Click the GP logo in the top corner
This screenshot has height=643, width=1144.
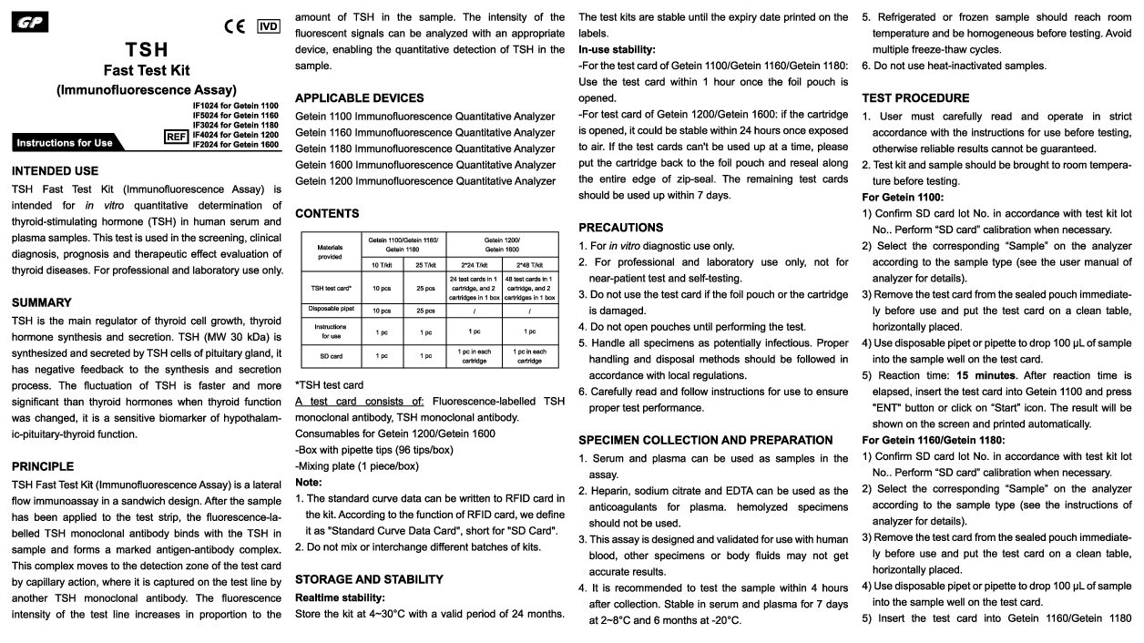pos(31,23)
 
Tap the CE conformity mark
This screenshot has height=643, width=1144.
pos(235,26)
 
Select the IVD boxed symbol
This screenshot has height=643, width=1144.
pos(268,26)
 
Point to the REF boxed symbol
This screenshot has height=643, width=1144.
pos(176,137)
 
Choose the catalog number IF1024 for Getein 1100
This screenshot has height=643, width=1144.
pos(235,106)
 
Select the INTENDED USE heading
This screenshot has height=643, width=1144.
pos(56,170)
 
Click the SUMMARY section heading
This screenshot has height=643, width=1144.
pos(41,302)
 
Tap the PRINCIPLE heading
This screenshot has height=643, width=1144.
pos(43,466)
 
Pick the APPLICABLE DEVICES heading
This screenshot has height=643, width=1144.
pos(359,97)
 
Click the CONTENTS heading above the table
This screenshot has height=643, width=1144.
pos(327,213)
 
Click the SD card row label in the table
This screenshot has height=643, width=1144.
pos(330,355)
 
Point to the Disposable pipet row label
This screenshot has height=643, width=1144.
pos(330,310)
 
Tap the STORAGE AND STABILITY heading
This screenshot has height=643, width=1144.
pos(369,579)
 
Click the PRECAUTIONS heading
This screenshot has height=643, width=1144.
pos(621,227)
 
